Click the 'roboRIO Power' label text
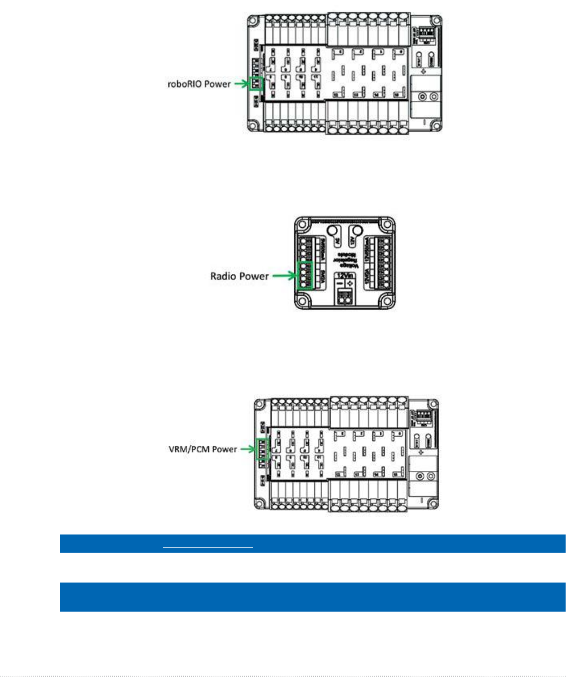click(199, 84)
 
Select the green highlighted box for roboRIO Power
click(256, 83)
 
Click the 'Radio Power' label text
click(239, 276)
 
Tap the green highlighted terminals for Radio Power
click(305, 275)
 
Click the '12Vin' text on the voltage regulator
click(345, 275)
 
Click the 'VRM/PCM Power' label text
click(203, 449)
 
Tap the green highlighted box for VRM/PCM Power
click(262, 449)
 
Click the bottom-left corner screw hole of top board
click(254, 126)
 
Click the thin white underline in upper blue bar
click(208, 547)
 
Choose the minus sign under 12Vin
click(340, 284)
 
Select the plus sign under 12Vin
click(349, 284)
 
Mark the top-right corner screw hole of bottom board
click(433, 404)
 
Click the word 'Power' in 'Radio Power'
click(253, 276)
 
